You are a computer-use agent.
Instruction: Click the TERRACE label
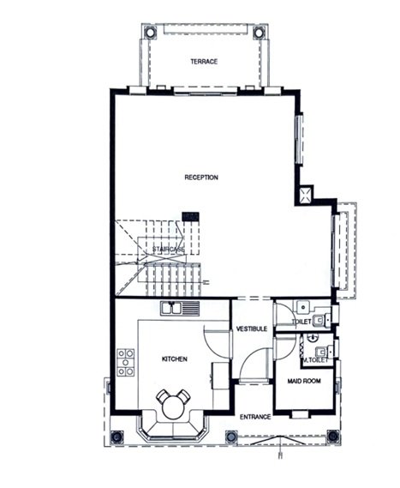coord(204,62)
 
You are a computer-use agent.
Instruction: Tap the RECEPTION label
coord(201,178)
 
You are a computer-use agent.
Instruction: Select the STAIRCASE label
coord(168,250)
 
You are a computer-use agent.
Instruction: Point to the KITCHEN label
coord(175,359)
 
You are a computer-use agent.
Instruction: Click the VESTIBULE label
coord(252,329)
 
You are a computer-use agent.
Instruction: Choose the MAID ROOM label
coord(304,381)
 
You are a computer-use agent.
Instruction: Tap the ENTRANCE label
coord(255,417)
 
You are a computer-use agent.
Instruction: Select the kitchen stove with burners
coord(126,363)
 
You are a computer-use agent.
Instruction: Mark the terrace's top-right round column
coord(259,33)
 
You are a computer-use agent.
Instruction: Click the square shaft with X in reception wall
coord(305,195)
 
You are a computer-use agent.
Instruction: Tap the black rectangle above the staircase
coord(190,217)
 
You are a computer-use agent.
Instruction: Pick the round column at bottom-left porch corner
coord(117,437)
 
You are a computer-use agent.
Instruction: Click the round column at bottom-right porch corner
coord(333,436)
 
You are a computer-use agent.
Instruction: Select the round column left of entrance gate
coord(231,437)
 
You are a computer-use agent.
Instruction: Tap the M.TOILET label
coord(315,360)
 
